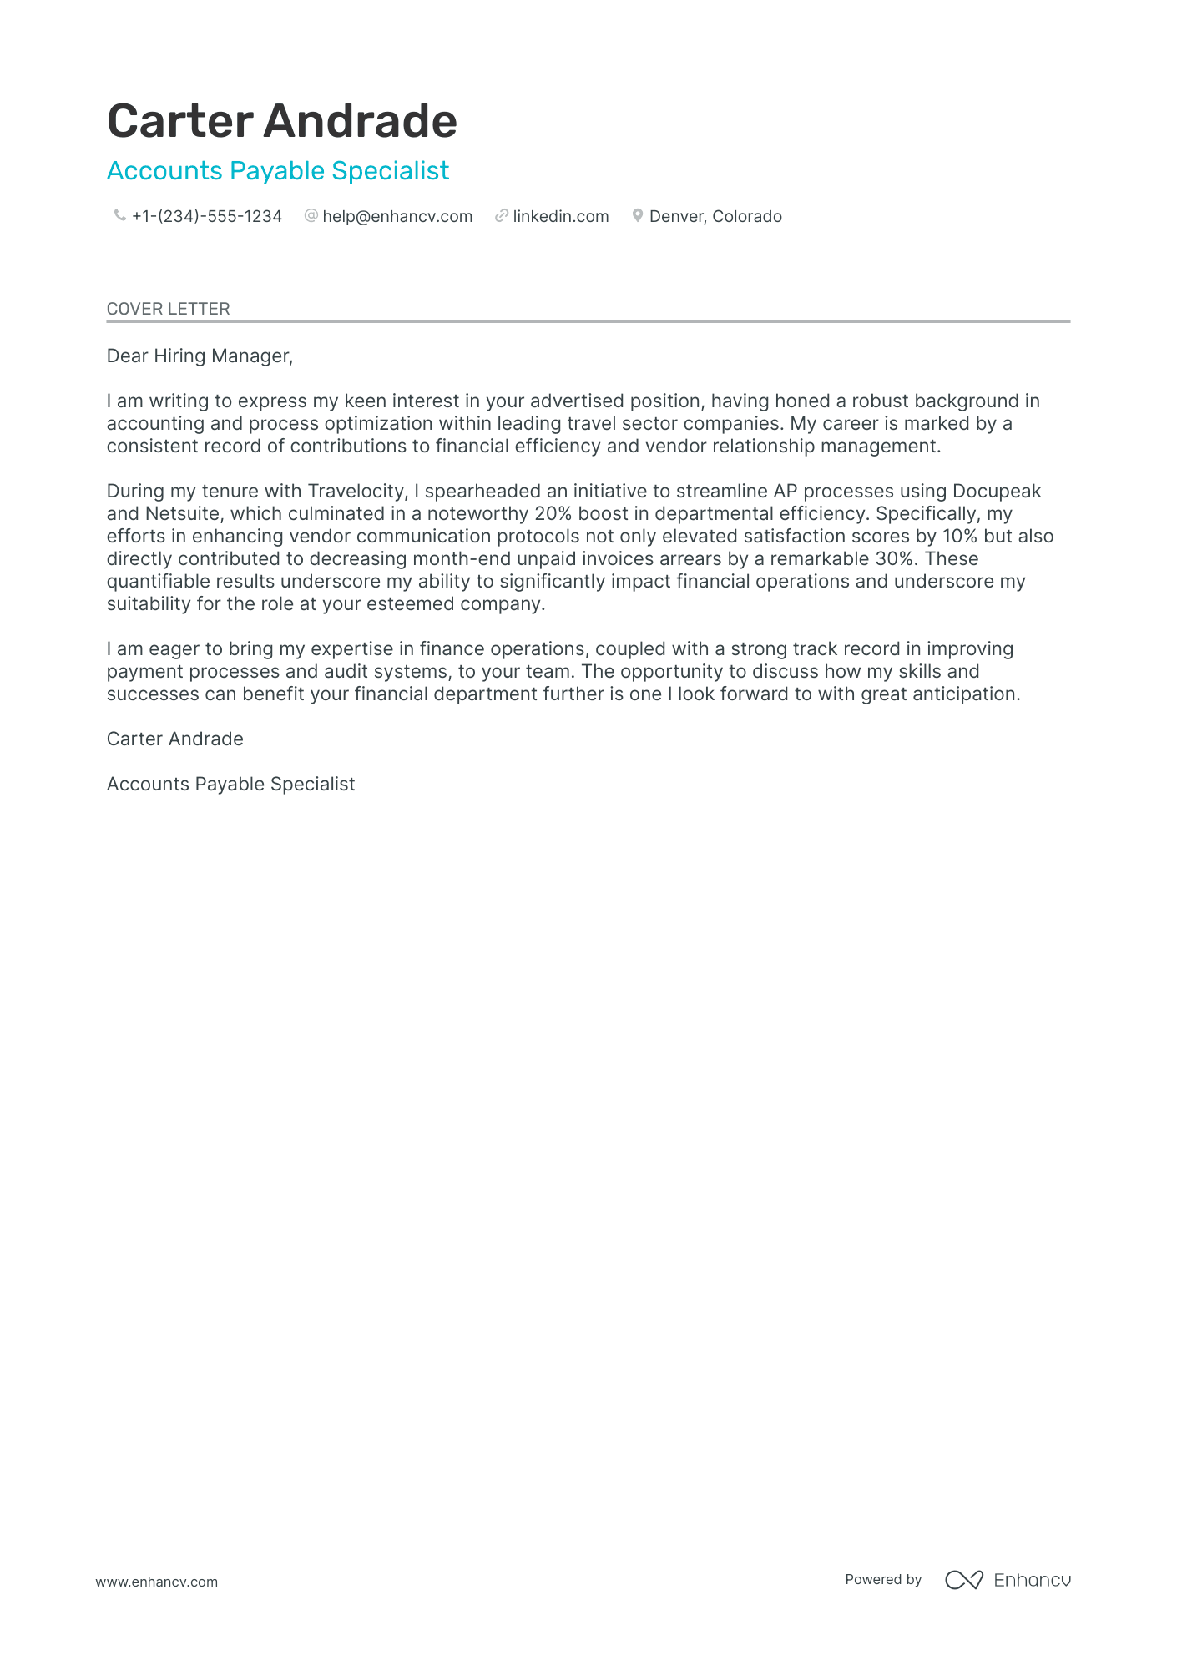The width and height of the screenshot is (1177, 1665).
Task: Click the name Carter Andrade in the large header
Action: [282, 121]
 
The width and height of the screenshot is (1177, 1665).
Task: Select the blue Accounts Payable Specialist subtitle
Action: [278, 170]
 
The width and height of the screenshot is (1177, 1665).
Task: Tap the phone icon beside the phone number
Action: [119, 216]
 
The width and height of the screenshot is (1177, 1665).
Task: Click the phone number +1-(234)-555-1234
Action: [207, 216]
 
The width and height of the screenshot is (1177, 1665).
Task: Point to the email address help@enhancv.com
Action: [397, 216]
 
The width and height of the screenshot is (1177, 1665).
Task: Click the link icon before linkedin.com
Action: [501, 216]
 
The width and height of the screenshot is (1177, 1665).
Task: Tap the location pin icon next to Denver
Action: [637, 216]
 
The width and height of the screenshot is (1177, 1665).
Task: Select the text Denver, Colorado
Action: [715, 216]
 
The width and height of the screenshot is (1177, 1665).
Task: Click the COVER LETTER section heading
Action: [168, 309]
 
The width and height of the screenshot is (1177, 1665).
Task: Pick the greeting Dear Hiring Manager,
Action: [200, 356]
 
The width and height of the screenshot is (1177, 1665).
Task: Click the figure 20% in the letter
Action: [553, 514]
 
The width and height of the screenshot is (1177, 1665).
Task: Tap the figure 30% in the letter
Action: [894, 559]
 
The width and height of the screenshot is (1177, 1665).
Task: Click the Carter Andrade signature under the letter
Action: [175, 739]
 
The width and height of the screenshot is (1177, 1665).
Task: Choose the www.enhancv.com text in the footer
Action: [156, 1582]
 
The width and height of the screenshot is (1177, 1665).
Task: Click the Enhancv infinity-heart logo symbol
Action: [963, 1580]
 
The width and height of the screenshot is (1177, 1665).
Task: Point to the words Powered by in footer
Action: [883, 1579]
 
